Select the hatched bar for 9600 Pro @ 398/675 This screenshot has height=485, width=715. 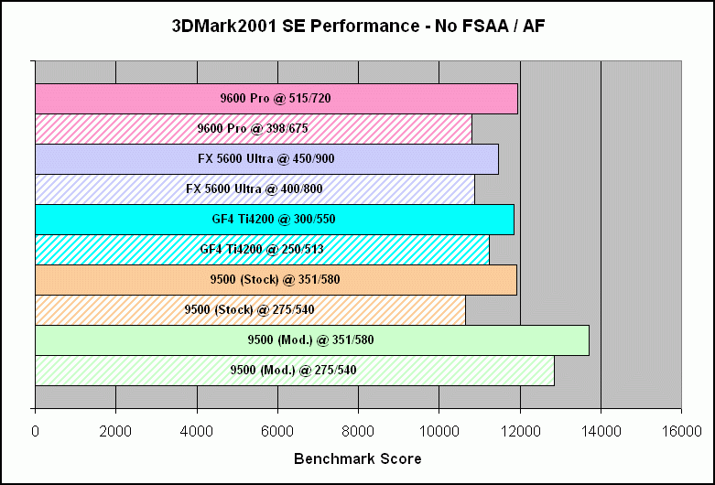254,128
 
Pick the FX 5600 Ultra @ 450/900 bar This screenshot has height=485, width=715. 266,158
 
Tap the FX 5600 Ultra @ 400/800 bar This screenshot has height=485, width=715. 255,189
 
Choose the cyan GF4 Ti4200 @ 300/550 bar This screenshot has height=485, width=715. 275,219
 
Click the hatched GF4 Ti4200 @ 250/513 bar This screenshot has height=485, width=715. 262,249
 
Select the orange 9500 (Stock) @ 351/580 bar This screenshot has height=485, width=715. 276,279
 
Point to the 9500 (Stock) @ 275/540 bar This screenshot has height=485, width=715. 250,309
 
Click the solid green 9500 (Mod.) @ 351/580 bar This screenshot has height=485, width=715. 311,339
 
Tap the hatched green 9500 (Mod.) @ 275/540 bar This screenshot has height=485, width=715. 294,370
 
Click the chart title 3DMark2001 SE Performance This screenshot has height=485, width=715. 358,27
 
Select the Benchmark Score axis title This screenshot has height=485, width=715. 358,458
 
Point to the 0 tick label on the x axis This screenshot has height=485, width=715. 36,429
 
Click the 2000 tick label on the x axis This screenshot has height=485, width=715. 115,429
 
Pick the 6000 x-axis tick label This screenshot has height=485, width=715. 277,429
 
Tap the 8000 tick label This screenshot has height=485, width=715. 358,429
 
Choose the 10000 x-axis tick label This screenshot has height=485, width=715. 439,429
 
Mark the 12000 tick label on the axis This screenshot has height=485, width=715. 519,429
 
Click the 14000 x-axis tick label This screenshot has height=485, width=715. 600,429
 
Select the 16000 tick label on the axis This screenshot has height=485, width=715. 680,429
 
